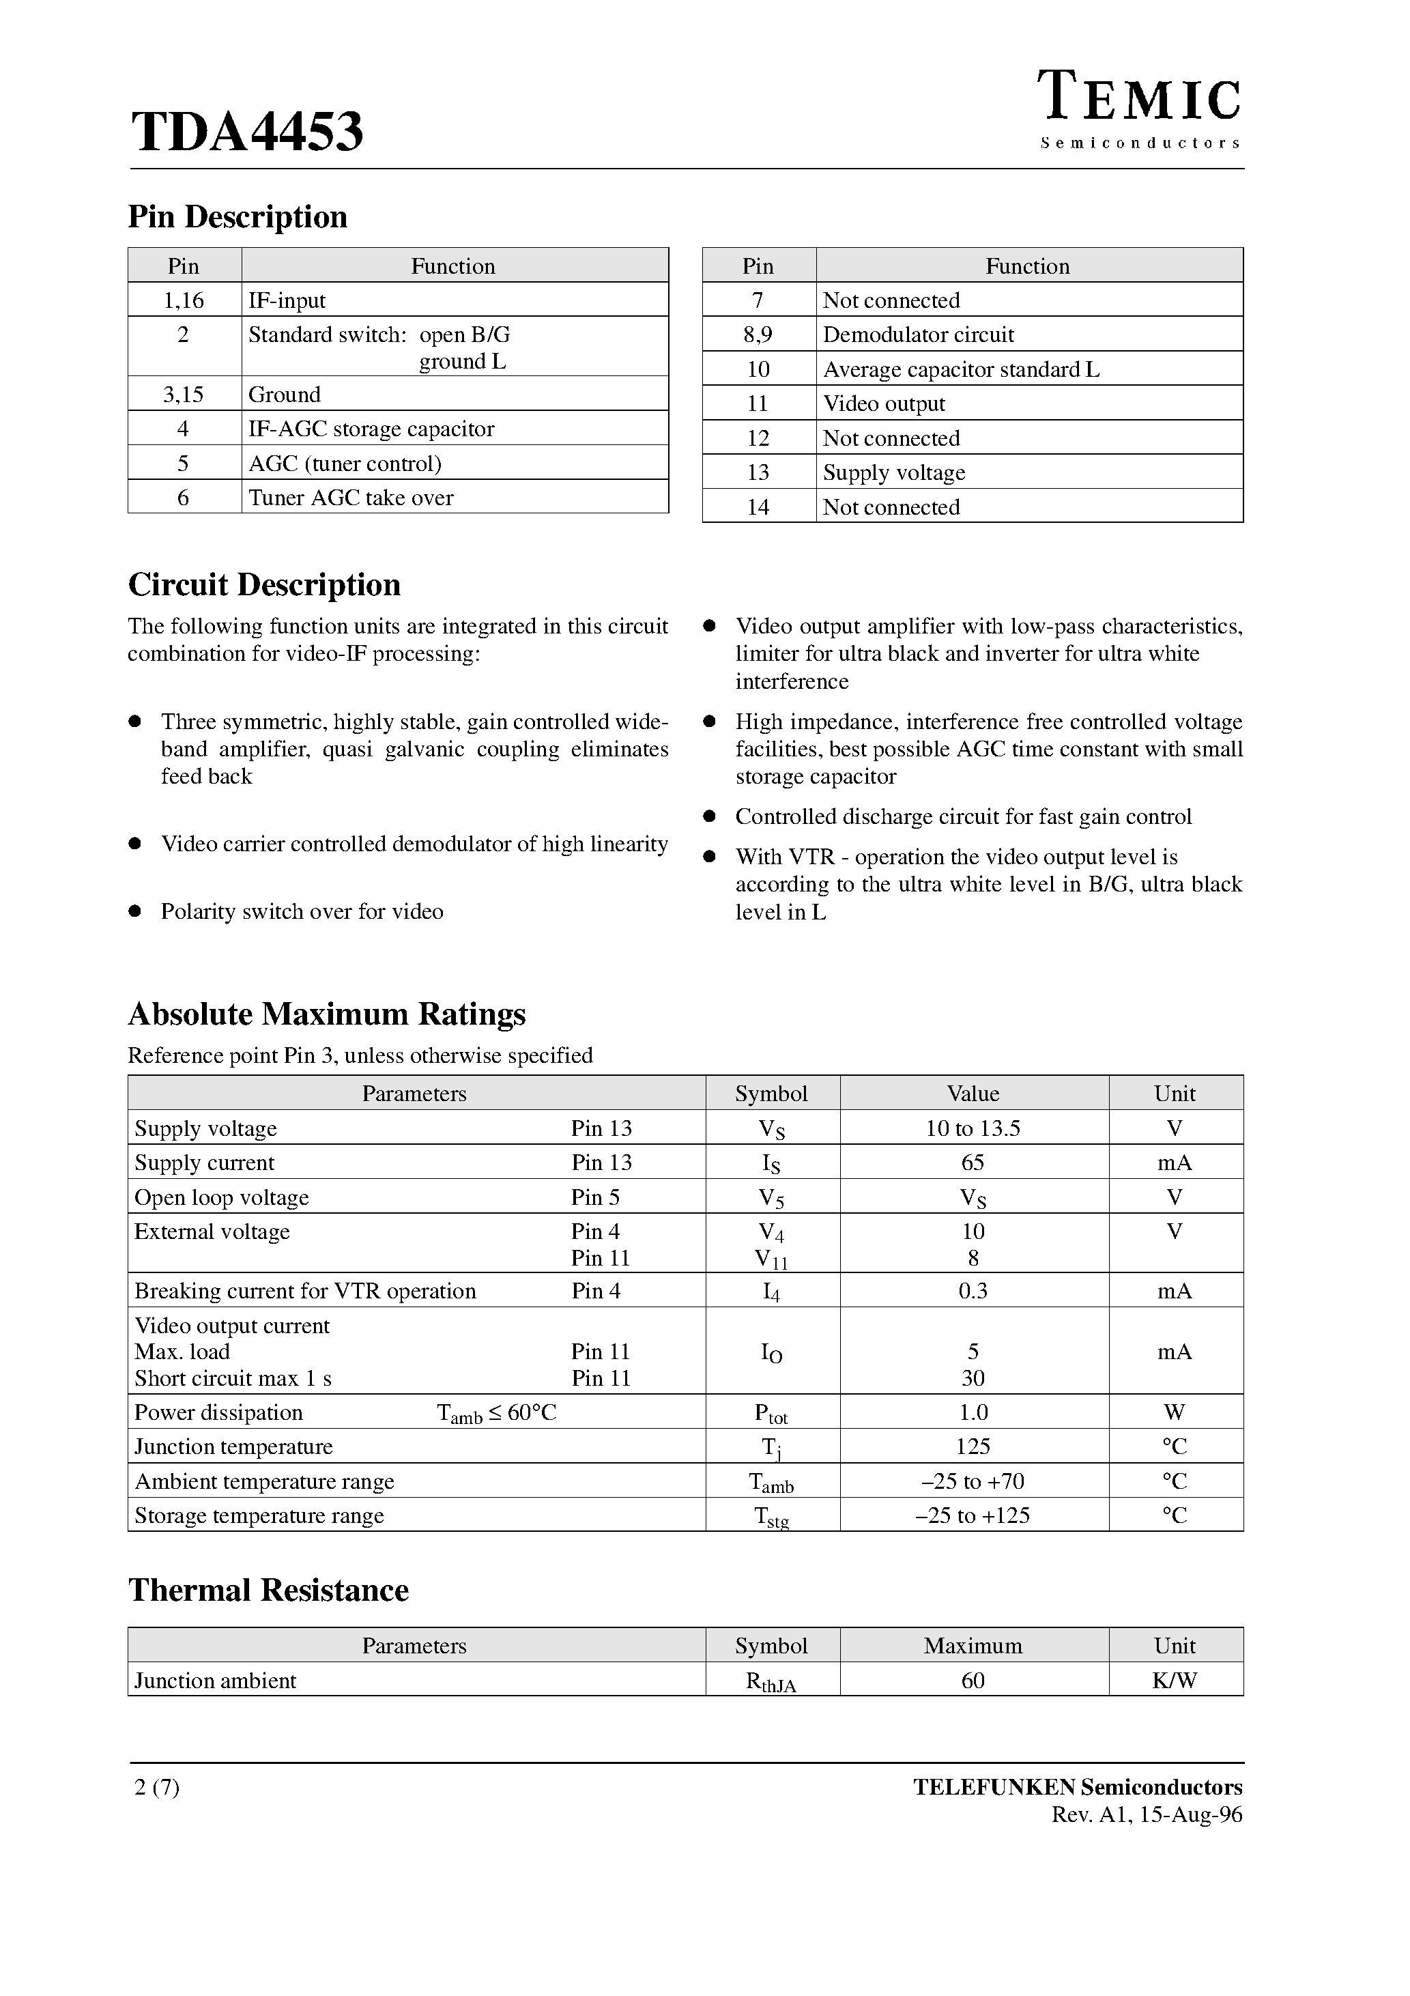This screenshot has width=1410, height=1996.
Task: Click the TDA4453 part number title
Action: [247, 132]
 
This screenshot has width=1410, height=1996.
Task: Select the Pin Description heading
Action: [238, 216]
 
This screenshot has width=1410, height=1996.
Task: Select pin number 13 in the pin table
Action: [758, 472]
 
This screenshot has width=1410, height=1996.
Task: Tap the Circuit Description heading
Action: [264, 584]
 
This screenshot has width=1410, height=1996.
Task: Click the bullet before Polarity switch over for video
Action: [134, 911]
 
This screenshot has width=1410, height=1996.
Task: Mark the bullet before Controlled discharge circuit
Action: [709, 816]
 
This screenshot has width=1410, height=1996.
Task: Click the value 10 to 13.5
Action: [973, 1128]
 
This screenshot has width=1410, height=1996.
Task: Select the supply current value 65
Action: [973, 1163]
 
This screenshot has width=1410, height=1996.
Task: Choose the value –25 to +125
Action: [973, 1515]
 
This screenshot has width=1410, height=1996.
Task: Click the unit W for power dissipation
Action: [1175, 1412]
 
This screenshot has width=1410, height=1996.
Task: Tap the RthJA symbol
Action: [771, 1681]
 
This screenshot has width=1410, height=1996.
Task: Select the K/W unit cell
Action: [1175, 1681]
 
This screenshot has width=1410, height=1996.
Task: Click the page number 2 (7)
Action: [158, 1787]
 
